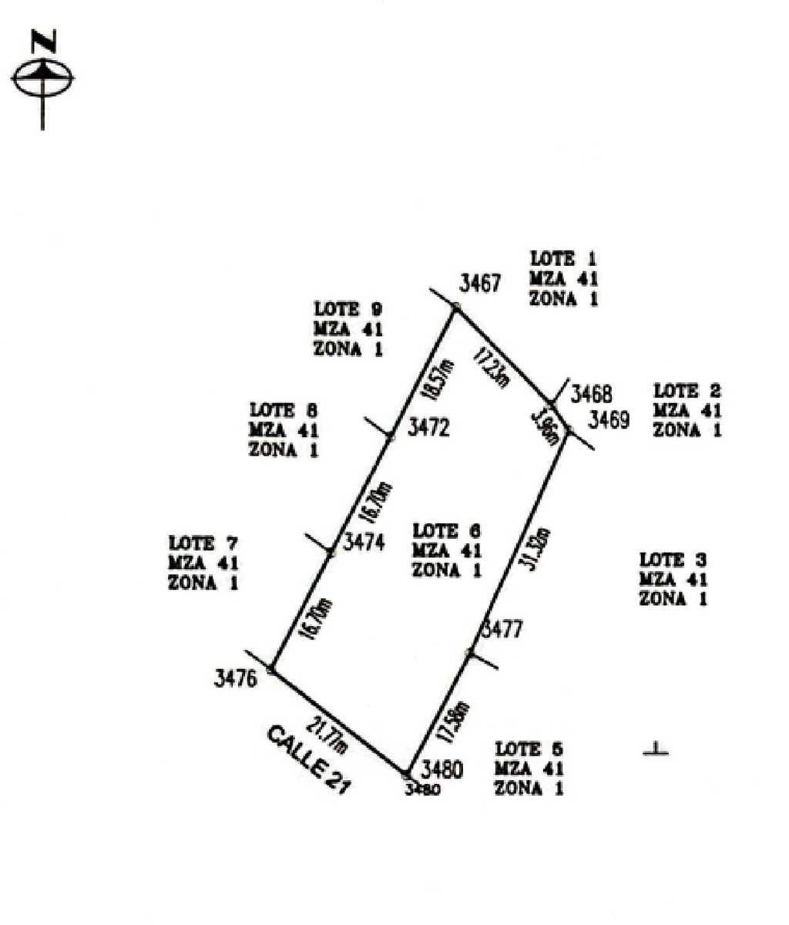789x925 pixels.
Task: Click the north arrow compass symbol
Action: (43, 77)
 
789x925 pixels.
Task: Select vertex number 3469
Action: (609, 420)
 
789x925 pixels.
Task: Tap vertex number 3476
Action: (235, 679)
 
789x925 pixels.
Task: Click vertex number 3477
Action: (502, 629)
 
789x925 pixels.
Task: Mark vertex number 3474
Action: (364, 542)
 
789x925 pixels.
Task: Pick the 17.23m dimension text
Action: (492, 368)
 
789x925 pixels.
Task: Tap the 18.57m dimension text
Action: (437, 379)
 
